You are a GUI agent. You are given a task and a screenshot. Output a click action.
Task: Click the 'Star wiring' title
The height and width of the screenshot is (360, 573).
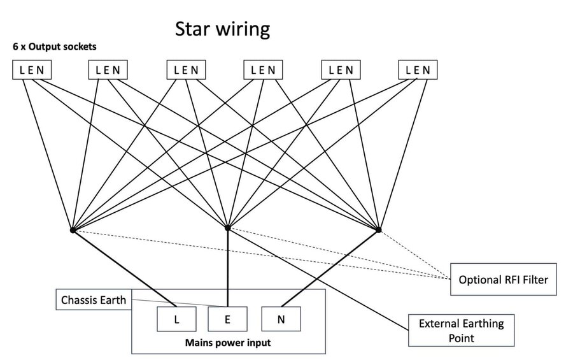coord(223,29)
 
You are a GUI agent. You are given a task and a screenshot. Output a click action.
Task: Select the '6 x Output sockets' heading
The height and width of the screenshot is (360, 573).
coord(55,47)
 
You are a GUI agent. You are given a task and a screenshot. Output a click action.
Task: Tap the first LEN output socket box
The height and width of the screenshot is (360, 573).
coord(32,70)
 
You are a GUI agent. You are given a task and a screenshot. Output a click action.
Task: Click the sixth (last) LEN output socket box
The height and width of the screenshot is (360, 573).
coord(418,70)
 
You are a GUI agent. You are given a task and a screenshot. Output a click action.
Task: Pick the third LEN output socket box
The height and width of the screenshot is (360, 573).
coord(186,70)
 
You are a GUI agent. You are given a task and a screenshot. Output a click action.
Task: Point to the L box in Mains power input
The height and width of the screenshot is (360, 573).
coord(176,319)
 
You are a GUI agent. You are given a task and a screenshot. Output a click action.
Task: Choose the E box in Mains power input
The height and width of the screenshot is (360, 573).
coord(227,319)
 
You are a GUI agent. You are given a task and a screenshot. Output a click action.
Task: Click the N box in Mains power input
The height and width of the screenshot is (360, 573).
coord(281,319)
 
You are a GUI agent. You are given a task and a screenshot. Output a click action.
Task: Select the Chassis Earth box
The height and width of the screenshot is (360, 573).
coord(94,300)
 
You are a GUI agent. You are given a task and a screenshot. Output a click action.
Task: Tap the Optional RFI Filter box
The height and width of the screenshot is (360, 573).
coord(504,280)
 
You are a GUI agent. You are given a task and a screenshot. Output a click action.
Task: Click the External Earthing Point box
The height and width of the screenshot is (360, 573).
coord(461,330)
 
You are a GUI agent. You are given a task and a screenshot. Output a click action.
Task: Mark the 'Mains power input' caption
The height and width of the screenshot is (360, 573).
coord(228,343)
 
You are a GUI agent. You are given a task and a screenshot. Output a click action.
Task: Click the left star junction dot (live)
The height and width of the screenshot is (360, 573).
coord(73,230)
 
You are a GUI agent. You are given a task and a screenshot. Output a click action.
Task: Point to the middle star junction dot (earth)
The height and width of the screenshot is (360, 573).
coord(228,228)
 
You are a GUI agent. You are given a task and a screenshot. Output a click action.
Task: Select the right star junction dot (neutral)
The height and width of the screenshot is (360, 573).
coord(379,229)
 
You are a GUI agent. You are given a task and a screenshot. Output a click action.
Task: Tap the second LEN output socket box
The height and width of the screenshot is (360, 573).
coord(108,70)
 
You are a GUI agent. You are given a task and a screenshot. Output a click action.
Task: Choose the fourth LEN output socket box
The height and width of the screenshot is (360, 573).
coord(263,70)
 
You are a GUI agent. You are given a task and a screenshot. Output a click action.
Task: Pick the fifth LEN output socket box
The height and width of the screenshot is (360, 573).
coord(341,70)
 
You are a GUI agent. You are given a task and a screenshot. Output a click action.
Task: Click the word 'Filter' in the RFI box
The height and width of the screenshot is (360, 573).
coord(535,280)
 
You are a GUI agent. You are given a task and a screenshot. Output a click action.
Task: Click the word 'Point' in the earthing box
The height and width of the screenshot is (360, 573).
coord(461,338)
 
